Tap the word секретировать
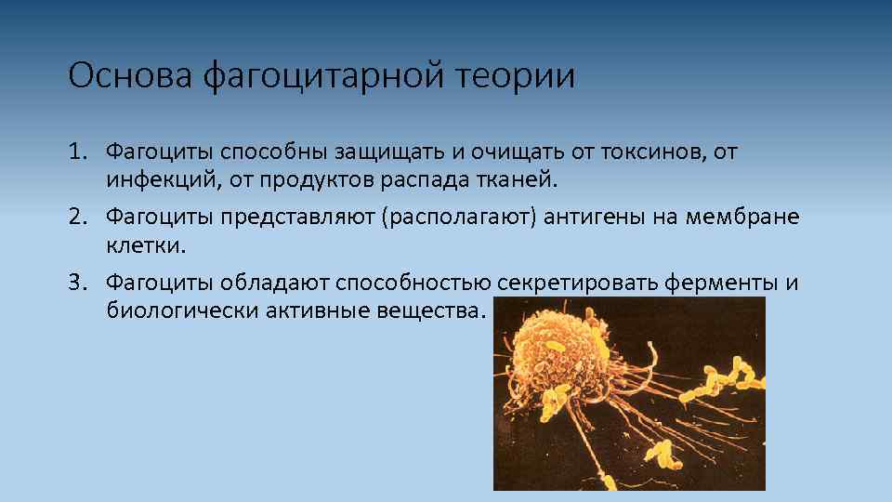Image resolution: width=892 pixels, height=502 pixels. (577, 282)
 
